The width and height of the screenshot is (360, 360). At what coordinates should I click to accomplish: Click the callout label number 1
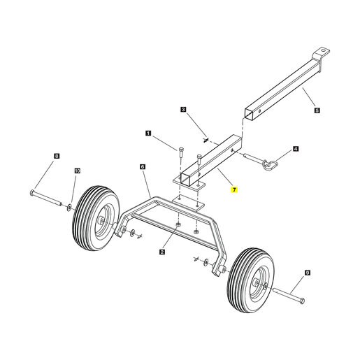pyautogui.click(x=148, y=134)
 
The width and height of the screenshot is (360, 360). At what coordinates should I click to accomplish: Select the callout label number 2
pyautogui.click(x=162, y=252)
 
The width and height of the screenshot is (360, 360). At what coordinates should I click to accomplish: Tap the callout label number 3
pyautogui.click(x=183, y=109)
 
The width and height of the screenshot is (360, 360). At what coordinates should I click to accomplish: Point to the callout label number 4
pyautogui.click(x=296, y=149)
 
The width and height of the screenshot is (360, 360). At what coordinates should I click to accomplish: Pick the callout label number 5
pyautogui.click(x=317, y=110)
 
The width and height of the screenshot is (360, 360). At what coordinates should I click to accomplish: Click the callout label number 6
pyautogui.click(x=143, y=167)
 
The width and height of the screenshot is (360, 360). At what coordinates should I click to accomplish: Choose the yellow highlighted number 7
pyautogui.click(x=234, y=190)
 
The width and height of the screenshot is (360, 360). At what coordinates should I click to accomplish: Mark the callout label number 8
pyautogui.click(x=57, y=156)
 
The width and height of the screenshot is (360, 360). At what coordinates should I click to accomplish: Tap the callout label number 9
pyautogui.click(x=308, y=273)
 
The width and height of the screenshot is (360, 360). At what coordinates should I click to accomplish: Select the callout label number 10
pyautogui.click(x=78, y=171)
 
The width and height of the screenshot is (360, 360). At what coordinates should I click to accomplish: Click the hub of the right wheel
pyautogui.click(x=257, y=282)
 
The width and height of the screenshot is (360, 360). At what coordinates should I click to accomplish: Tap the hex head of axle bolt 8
pyautogui.click(x=32, y=193)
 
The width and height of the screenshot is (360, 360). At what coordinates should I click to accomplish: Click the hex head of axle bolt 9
pyautogui.click(x=302, y=301)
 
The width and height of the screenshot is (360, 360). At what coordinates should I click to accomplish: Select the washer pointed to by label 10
pyautogui.click(x=69, y=207)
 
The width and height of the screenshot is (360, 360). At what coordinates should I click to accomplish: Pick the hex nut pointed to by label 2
pyautogui.click(x=178, y=224)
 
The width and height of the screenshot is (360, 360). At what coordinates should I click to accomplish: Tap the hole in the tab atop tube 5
pyautogui.click(x=323, y=50)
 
